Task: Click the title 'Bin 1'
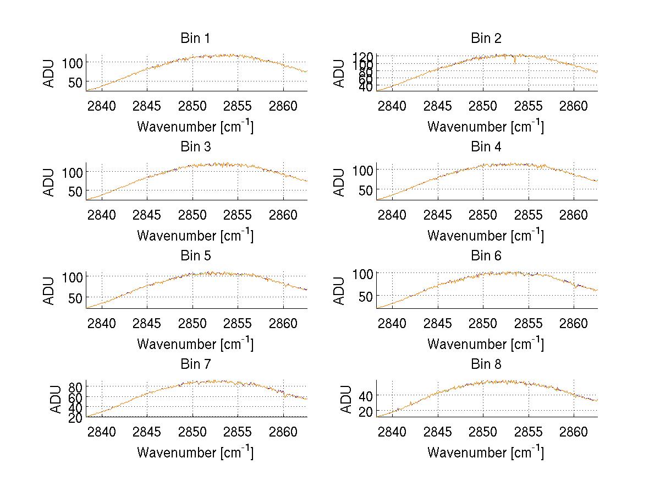coord(195,39)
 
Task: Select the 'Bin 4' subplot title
coord(486,147)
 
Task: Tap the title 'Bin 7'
coord(195,364)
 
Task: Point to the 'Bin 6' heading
coord(486,256)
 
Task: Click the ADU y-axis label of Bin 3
coord(50,182)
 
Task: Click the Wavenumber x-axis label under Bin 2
coord(486,127)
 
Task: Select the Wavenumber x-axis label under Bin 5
coord(195,344)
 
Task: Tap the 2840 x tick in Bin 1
coord(102,106)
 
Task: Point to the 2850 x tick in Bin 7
coord(193,432)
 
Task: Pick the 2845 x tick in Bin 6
coord(438,323)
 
